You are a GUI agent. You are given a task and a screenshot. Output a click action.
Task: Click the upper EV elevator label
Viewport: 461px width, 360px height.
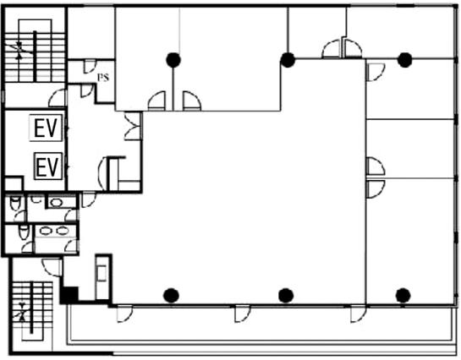[x=46, y=128]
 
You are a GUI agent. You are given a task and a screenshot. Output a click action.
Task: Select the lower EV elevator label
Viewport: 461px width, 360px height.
[x=48, y=166]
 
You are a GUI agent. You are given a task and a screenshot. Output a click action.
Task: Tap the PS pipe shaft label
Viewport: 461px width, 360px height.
[x=103, y=77]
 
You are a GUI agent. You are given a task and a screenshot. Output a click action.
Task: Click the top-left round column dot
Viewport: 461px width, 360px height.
[x=173, y=60]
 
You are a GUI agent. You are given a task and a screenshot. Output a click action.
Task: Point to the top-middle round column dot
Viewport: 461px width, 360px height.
[x=288, y=60]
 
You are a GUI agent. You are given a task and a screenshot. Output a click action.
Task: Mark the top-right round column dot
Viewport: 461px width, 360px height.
[x=405, y=60]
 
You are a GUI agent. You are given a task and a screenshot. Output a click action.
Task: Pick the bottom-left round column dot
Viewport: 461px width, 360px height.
[x=172, y=296]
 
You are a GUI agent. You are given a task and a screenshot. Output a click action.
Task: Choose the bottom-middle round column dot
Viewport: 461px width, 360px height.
[x=286, y=296]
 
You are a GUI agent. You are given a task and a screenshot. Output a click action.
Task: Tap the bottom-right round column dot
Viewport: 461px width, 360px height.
[x=403, y=296]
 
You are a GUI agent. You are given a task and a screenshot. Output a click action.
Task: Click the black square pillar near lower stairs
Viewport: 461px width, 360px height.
[x=69, y=295]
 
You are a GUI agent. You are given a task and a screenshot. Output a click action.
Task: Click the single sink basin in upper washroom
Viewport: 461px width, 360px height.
[x=56, y=202]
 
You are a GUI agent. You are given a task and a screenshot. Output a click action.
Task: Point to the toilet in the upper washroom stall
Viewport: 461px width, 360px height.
[x=15, y=203]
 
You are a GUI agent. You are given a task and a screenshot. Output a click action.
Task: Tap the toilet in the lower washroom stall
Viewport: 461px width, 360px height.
[x=24, y=232]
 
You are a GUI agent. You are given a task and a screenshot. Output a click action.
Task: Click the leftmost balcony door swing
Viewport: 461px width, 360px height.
[x=125, y=314]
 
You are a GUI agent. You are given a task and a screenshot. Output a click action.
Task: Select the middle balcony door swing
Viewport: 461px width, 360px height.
[x=243, y=314]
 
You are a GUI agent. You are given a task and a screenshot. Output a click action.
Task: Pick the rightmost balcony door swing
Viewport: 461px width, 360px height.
[x=359, y=314]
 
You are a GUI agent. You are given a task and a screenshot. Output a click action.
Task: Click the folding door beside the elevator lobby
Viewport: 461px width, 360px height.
[x=133, y=126]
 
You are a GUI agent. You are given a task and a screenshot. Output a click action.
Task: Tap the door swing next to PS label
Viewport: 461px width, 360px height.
[x=90, y=67]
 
